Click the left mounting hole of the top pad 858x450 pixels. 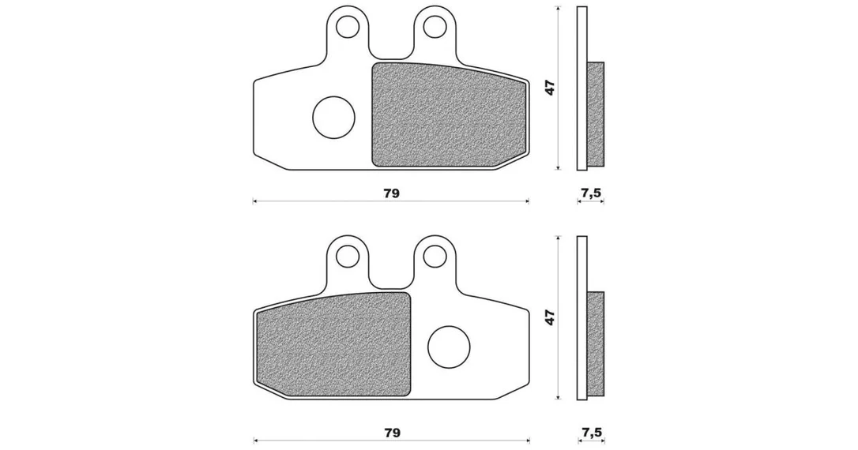347,25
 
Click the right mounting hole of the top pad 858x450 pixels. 435,25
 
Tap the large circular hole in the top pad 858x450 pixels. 333,117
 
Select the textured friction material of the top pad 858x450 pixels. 449,114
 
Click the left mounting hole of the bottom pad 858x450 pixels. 347,256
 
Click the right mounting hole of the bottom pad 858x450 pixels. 435,256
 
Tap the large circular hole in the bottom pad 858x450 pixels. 450,347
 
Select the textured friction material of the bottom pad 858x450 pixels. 333,344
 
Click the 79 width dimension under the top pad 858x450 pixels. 392,193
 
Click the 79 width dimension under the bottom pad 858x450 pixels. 392,433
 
